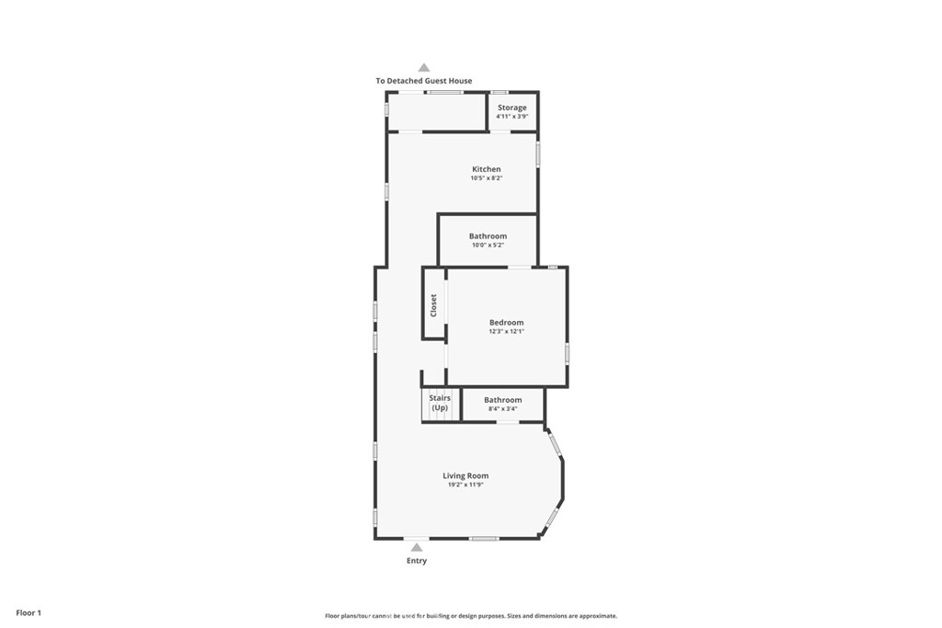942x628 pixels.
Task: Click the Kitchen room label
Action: [486, 169]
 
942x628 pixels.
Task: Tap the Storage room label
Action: [511, 108]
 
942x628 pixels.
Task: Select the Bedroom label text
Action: [507, 323]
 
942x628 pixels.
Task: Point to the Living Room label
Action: [465, 476]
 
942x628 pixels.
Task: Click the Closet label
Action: [433, 305]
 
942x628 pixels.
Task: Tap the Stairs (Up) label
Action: [440, 403]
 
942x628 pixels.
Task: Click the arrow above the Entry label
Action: [417, 548]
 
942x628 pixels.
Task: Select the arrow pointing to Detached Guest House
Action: [424, 68]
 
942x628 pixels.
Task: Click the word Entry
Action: [417, 561]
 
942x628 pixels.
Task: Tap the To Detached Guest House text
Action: [424, 81]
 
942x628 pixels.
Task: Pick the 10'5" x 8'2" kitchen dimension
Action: [486, 178]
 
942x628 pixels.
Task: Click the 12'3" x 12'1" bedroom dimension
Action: [507, 331]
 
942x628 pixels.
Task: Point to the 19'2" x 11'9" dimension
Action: [465, 485]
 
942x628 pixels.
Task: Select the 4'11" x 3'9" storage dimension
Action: [511, 117]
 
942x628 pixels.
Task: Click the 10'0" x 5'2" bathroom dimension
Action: [488, 245]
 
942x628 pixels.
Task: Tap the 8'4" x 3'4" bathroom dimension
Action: [503, 409]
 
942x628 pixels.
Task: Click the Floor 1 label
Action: [29, 613]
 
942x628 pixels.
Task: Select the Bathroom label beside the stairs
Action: [503, 400]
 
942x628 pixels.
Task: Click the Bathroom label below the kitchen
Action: [488, 236]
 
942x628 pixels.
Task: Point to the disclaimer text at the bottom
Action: [471, 616]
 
